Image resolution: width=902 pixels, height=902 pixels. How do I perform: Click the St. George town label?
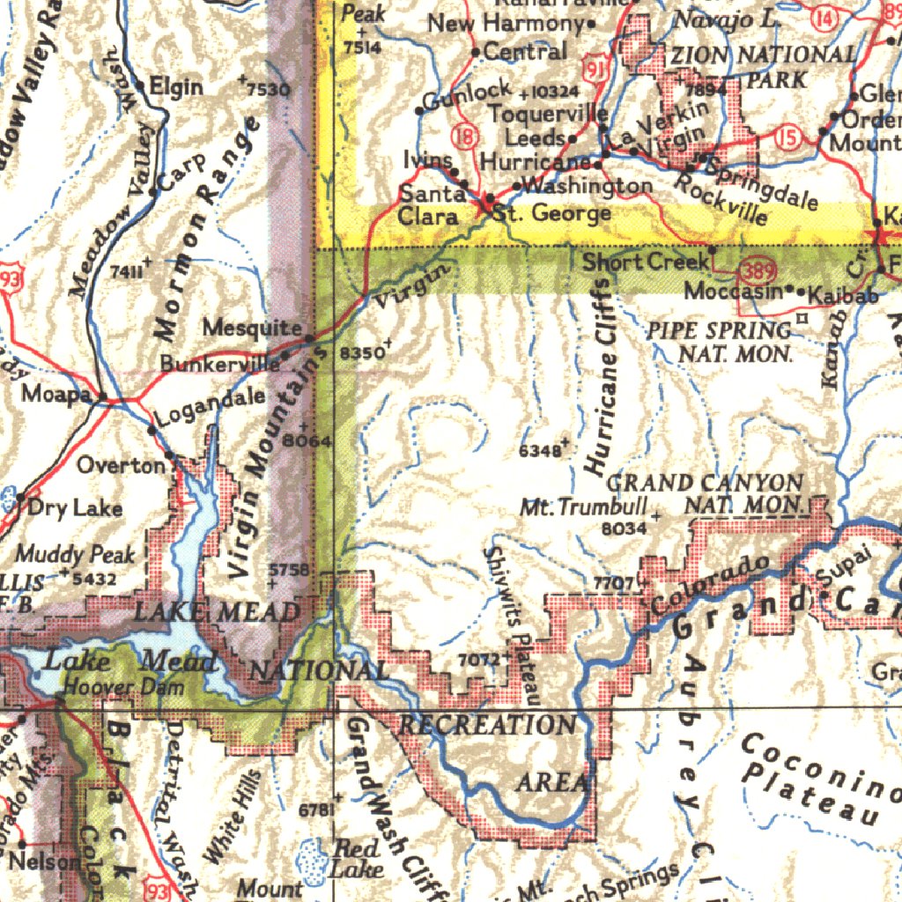(x=551, y=214)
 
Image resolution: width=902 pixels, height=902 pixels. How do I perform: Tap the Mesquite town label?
(x=252, y=328)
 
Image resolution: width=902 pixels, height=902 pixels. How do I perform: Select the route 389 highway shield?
(x=755, y=270)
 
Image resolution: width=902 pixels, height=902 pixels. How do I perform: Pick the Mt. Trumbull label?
(x=584, y=507)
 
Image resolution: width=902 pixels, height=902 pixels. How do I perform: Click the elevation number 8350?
(x=360, y=352)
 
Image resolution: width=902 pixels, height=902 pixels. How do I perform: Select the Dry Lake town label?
(x=75, y=507)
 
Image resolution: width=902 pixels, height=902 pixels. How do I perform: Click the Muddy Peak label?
(x=76, y=554)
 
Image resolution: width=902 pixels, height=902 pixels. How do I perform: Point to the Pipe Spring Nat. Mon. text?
(x=720, y=343)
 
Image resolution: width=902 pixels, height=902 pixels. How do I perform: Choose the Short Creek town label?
(x=645, y=262)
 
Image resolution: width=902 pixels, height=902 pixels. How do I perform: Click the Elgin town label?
(x=176, y=86)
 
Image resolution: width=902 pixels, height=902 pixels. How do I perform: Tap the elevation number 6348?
(x=539, y=451)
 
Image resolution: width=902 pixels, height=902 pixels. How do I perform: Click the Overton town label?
(x=121, y=464)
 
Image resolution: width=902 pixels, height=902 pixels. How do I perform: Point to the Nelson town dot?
(x=22, y=844)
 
